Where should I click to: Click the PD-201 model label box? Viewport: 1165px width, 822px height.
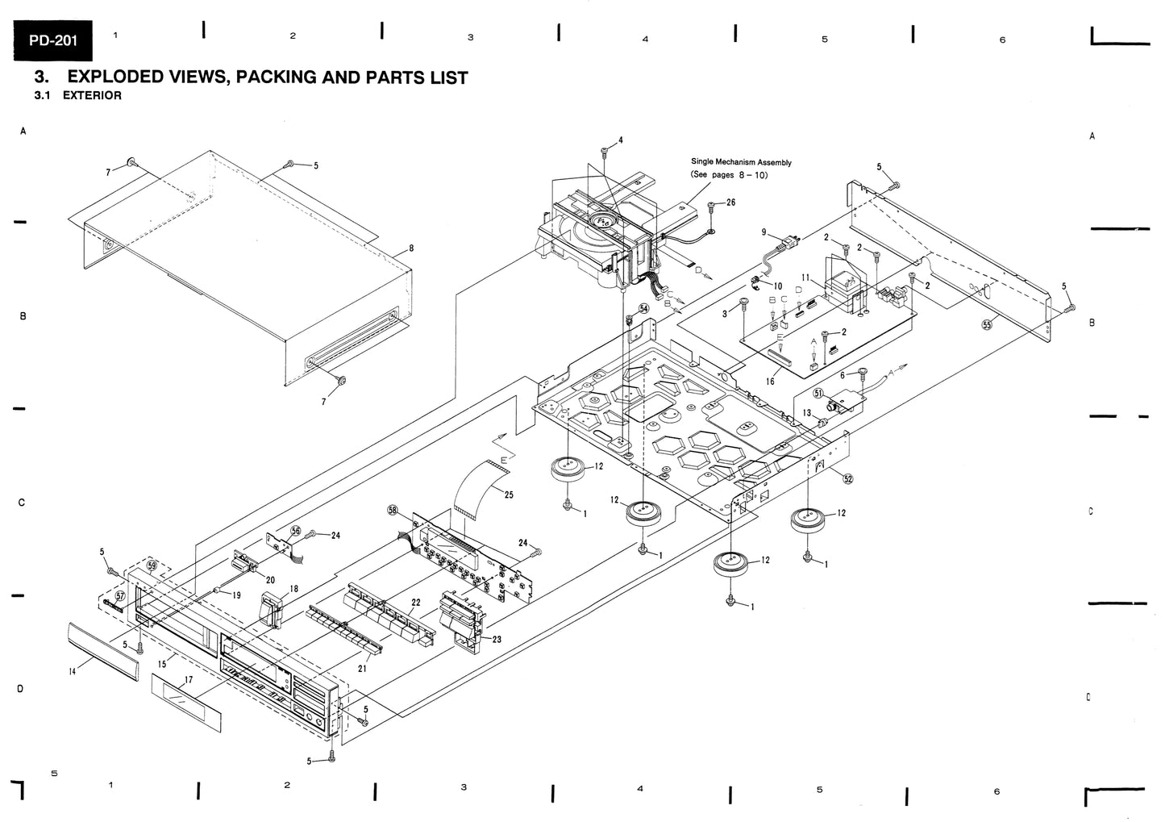coord(52,40)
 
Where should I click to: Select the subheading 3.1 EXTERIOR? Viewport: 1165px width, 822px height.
coord(78,96)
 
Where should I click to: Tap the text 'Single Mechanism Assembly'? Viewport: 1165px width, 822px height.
coord(741,162)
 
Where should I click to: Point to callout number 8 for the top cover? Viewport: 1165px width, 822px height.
coord(411,248)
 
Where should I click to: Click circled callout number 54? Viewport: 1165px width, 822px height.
coord(643,309)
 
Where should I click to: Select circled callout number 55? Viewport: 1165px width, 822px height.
coord(987,325)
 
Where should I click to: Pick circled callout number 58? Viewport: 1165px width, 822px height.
coord(393,511)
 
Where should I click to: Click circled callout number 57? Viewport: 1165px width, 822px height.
coord(120,596)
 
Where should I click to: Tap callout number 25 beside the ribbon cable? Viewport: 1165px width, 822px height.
coord(509,494)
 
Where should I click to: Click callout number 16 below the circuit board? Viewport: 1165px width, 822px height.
coord(770,382)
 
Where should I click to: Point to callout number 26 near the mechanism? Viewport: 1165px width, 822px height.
coord(730,202)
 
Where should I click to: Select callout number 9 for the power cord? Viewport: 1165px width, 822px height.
coord(763,232)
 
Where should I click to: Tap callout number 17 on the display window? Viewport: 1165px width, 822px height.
coord(188,680)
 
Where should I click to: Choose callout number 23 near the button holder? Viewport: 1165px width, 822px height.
coord(497,639)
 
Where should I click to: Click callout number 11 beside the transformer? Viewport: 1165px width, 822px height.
coord(806,277)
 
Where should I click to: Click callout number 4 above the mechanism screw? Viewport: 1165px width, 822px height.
coord(620,140)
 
